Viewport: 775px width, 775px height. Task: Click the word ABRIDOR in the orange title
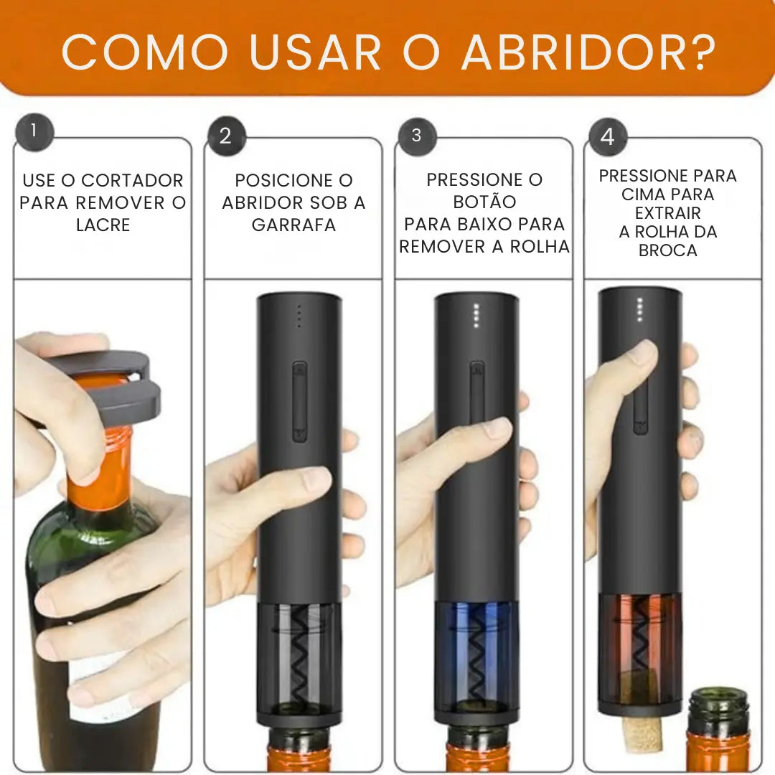(x=568, y=52)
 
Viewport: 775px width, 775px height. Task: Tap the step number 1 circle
(x=33, y=132)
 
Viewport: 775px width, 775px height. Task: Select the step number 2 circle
(x=226, y=136)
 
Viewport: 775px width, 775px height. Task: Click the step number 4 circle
(x=607, y=137)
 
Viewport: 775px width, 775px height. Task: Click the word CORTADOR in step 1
(x=132, y=181)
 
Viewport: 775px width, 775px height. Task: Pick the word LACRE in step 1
(x=103, y=225)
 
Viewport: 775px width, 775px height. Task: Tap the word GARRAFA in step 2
(x=293, y=225)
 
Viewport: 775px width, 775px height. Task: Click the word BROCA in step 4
(x=667, y=250)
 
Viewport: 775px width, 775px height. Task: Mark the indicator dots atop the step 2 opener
(x=299, y=315)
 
